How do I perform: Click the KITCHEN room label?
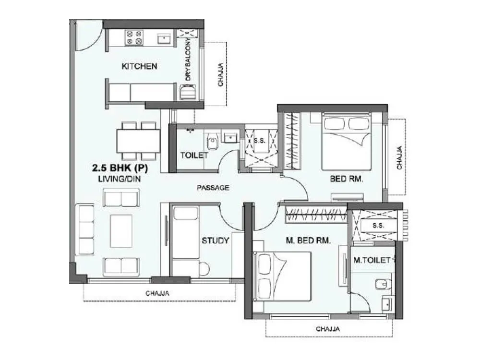[x=139, y=66]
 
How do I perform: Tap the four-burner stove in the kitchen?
[x=133, y=38]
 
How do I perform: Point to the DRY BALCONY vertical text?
[x=188, y=60]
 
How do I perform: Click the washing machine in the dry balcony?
[x=188, y=91]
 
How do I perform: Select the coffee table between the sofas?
[x=121, y=231]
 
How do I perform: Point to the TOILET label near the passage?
[x=194, y=155]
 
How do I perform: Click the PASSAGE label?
[x=213, y=188]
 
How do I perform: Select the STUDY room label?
[x=215, y=240]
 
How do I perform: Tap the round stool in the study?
[x=204, y=269]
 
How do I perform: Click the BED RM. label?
[x=346, y=179]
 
